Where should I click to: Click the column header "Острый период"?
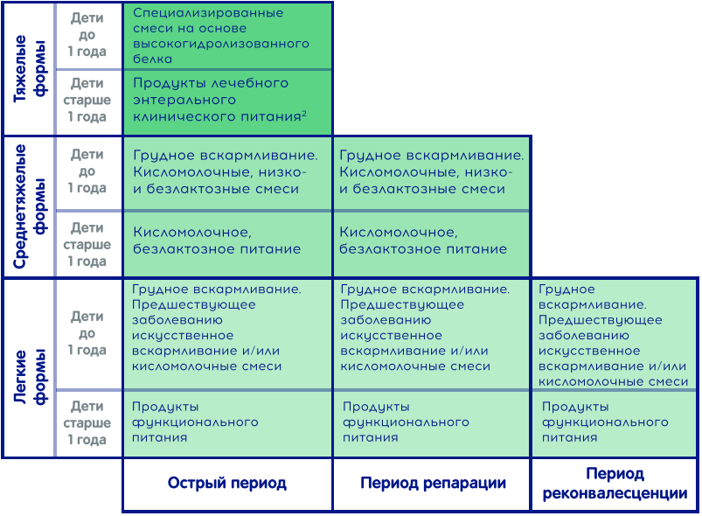tap(227, 484)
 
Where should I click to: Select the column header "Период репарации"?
tap(433, 484)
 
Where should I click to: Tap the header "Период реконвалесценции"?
tap(615, 484)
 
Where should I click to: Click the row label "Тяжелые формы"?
tap(29, 69)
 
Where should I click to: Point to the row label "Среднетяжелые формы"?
tap(29, 206)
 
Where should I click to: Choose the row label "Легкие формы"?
tap(29, 377)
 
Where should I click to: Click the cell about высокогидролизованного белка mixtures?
tap(221, 36)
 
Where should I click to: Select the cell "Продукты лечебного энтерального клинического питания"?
tap(219, 100)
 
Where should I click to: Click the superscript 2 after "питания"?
tap(304, 114)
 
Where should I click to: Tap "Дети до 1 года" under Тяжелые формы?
tap(87, 35)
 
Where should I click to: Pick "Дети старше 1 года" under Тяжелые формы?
tap(87, 100)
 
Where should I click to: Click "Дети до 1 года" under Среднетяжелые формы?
tap(87, 171)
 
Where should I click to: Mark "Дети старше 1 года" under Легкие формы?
tap(87, 422)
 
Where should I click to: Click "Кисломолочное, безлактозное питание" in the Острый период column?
tap(217, 241)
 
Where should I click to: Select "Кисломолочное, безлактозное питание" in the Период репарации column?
tap(423, 241)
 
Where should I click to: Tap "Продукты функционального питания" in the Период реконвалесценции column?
tap(605, 422)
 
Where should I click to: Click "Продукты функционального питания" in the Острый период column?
tap(195, 422)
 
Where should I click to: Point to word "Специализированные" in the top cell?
tap(208, 13)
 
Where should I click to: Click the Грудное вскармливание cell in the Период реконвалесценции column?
tap(613, 335)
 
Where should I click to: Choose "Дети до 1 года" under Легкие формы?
tap(87, 333)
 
